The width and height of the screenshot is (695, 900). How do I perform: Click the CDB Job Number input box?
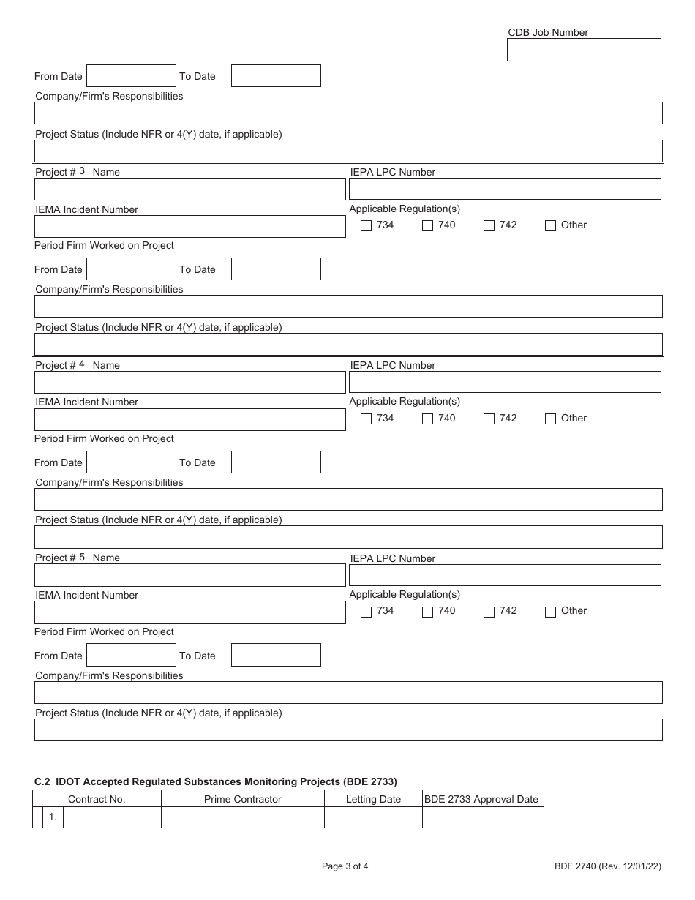click(584, 50)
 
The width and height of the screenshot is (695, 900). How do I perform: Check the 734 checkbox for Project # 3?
click(367, 226)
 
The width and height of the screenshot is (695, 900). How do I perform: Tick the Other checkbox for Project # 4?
click(551, 419)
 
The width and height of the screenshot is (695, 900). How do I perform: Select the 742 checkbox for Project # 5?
click(489, 612)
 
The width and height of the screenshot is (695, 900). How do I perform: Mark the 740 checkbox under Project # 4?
click(428, 419)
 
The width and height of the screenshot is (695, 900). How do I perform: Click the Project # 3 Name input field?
click(189, 190)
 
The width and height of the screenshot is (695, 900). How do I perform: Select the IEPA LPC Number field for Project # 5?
click(505, 575)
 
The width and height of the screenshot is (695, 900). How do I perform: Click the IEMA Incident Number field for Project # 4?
click(189, 420)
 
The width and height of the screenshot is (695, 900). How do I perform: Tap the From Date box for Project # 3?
click(131, 269)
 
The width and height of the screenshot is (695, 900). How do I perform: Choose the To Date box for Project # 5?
click(276, 655)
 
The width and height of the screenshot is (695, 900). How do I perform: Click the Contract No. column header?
click(97, 799)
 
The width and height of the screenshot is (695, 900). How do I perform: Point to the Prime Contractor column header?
click(243, 799)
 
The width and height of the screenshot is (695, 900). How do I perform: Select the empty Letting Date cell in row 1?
click(373, 817)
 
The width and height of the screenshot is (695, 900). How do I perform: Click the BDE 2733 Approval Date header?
click(482, 799)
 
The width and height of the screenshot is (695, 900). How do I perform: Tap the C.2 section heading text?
click(216, 781)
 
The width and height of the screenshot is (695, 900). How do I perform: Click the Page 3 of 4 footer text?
click(345, 866)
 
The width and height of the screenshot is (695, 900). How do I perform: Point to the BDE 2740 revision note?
click(607, 866)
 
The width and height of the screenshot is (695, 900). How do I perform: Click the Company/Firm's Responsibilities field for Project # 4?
click(348, 499)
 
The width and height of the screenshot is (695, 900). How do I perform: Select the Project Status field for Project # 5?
click(348, 730)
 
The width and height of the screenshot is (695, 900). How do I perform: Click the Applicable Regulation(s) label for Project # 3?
click(405, 209)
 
